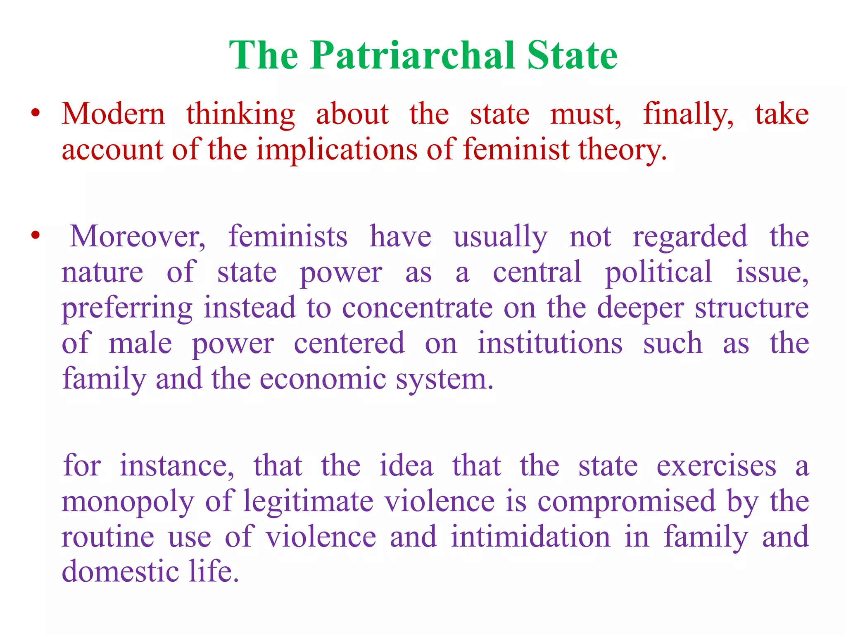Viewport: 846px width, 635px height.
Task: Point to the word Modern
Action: [x=113, y=114]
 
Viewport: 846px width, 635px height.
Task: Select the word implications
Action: [x=337, y=150]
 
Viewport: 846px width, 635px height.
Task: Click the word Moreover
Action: [x=138, y=236]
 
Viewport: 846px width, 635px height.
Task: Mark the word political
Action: [x=658, y=272]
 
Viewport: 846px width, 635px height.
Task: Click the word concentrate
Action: [x=417, y=308]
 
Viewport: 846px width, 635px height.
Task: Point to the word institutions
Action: [x=550, y=343]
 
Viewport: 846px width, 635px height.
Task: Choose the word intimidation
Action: [x=530, y=537]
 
